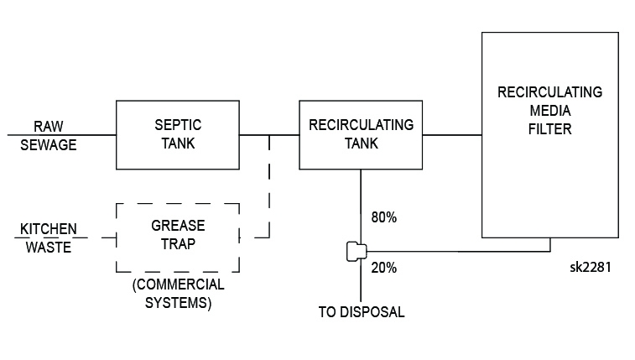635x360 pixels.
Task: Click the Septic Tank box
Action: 177,134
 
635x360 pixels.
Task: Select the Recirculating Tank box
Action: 361,134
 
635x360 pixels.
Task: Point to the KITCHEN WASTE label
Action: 49,237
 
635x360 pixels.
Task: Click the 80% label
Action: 383,217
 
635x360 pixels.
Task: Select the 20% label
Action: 383,269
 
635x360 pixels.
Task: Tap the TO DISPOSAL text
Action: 362,312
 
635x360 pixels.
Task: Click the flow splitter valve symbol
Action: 354,251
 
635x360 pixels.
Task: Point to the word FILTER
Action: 549,130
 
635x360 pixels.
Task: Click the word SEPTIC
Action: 178,125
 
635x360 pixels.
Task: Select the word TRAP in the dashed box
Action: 178,246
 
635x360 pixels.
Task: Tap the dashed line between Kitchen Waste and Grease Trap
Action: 98,237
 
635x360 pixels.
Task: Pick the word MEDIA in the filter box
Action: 549,111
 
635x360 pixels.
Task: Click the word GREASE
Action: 178,227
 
